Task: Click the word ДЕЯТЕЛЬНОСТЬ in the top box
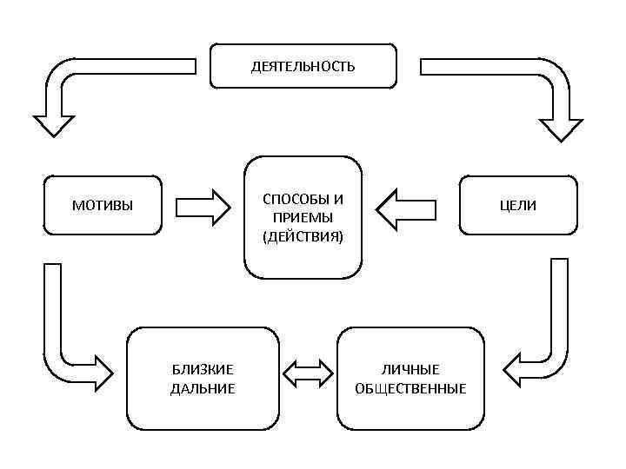coord(303,66)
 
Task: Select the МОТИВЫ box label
coord(102,206)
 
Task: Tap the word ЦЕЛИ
coord(517,206)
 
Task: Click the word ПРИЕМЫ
coord(303,217)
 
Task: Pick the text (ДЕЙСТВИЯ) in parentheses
coord(303,235)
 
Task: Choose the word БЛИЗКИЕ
coord(203,370)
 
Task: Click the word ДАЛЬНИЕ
coord(203,388)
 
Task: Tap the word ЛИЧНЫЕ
coord(410,370)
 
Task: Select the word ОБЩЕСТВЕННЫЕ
coord(410,388)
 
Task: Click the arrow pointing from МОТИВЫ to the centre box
coord(203,207)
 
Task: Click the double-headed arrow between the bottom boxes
coord(309,373)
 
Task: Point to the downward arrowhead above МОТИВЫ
coord(53,123)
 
